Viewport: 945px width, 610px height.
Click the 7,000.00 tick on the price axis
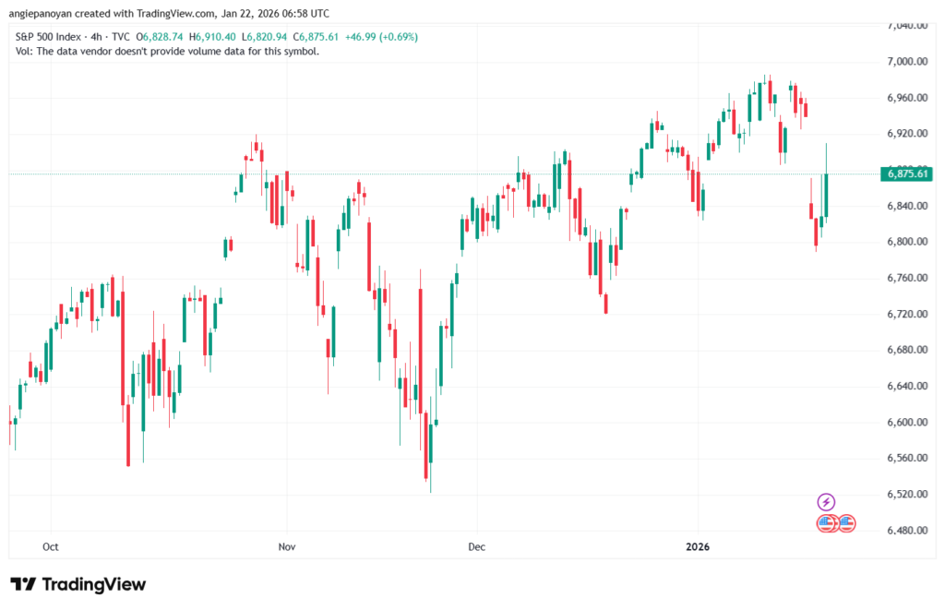pos(907,61)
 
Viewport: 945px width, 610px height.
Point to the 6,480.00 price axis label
pos(907,531)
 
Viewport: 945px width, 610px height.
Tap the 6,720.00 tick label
pos(907,314)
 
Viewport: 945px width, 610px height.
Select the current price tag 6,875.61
pos(908,173)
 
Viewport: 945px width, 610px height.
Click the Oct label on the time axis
pos(51,546)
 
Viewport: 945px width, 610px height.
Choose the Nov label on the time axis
pos(287,546)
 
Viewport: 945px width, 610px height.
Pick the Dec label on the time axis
pos(476,546)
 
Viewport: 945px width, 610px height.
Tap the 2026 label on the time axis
pos(698,546)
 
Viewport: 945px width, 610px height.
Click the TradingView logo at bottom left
pos(78,584)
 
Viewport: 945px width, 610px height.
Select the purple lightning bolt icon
pos(826,502)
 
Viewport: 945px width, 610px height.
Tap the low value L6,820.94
pos(265,37)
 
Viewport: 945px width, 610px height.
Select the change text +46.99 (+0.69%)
pos(378,37)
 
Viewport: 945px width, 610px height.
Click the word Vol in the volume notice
pos(24,51)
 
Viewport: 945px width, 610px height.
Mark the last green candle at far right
pos(826,196)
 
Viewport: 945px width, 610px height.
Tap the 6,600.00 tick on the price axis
pos(907,423)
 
